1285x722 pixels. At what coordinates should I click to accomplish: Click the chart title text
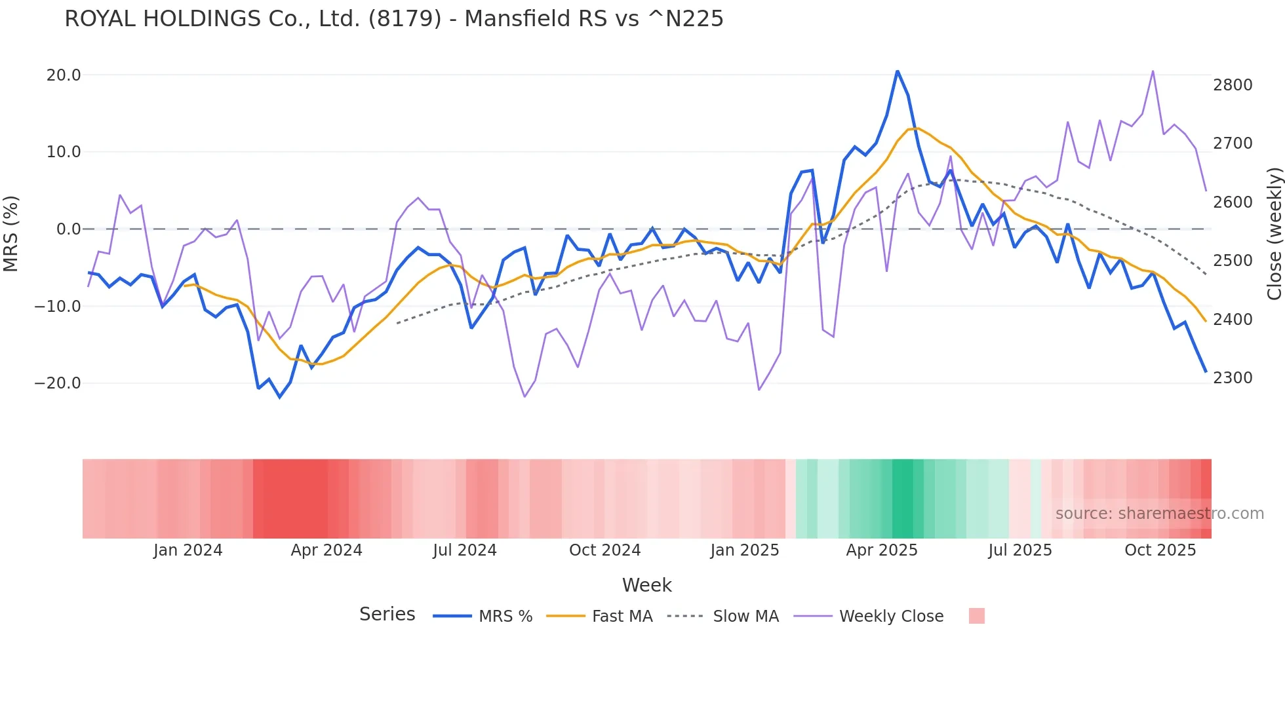coord(393,19)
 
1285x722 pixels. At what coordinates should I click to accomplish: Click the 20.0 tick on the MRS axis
coord(64,75)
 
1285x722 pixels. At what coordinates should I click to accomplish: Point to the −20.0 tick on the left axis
coord(58,383)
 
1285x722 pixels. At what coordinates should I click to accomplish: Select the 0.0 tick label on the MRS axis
coord(68,229)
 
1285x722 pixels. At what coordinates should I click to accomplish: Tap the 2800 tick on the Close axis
coord(1233,85)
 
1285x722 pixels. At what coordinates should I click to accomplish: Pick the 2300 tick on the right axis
coord(1233,378)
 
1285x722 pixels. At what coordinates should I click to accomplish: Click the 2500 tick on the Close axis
coord(1233,261)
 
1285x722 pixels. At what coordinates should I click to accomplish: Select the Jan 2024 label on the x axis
coord(188,550)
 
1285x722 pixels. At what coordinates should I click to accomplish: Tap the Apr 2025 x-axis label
coord(882,550)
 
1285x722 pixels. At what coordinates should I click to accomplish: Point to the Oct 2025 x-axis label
coord(1160,550)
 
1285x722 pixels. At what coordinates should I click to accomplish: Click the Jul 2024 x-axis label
coord(465,550)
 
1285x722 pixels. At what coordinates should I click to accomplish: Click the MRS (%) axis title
coord(11,233)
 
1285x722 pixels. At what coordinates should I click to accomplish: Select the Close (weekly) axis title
coord(1274,233)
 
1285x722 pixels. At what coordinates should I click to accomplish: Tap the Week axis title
coord(646,585)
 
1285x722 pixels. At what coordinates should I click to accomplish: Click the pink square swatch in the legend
coord(977,616)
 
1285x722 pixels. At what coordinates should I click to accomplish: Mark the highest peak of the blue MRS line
coord(898,71)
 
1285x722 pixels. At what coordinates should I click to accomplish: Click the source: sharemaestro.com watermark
coord(1159,514)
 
